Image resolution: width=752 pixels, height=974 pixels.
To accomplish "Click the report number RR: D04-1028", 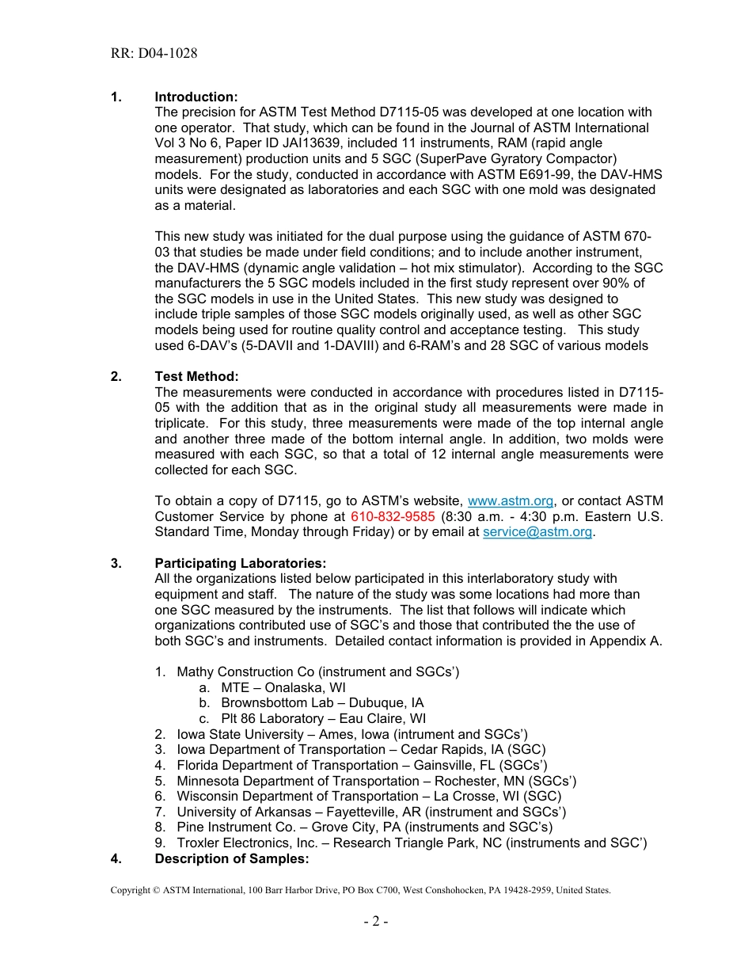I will [154, 54].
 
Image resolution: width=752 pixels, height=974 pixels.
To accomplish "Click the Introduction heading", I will [196, 97].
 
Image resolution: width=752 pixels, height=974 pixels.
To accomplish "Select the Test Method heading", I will [196, 376].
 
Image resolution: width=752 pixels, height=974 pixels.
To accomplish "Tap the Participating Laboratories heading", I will [240, 563].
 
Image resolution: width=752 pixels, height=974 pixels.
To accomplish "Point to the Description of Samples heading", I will [231, 858].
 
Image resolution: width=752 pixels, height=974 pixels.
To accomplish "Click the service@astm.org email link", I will [537, 532].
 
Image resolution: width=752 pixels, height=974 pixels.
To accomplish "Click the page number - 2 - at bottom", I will [375, 921].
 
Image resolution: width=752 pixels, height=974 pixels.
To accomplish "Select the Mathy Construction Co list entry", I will [317, 672].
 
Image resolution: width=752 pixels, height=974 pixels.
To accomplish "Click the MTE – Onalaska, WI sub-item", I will [283, 687].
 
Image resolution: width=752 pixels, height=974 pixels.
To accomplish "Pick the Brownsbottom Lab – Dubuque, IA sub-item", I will [321, 702].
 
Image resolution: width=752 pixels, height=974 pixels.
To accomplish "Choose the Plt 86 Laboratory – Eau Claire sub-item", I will [323, 718].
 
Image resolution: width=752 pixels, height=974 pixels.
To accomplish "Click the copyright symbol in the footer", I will [157, 890].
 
